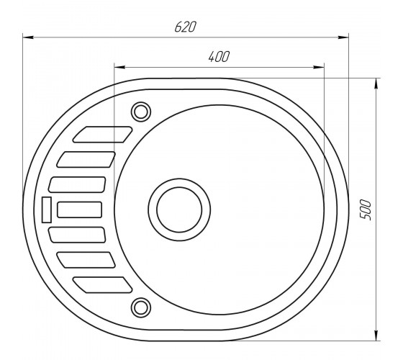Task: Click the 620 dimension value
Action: [186, 27]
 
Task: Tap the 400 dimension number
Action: [219, 57]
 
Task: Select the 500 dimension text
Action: [366, 210]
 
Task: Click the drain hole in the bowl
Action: [179, 210]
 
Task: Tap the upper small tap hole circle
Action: [141, 112]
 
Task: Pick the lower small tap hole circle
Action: [141, 307]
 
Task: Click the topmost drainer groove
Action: [102, 134]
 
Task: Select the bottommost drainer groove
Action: [102, 285]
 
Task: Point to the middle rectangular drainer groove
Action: [80, 210]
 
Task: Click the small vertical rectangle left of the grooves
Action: [47, 210]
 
